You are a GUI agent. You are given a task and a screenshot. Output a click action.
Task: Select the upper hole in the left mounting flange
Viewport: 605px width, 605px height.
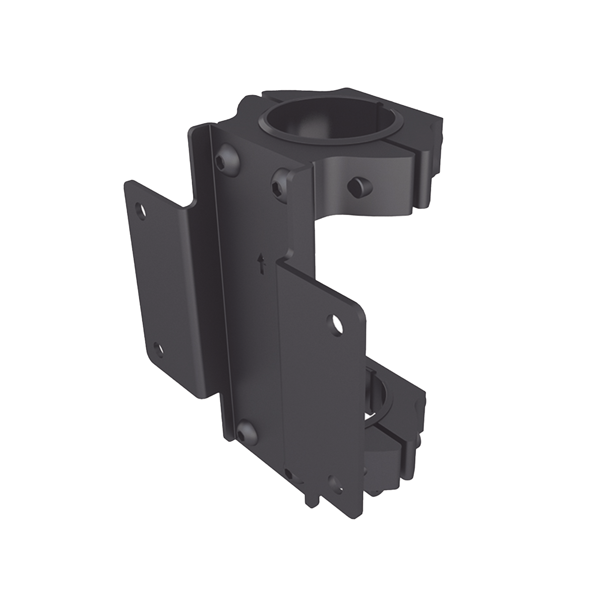pos(140,209)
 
